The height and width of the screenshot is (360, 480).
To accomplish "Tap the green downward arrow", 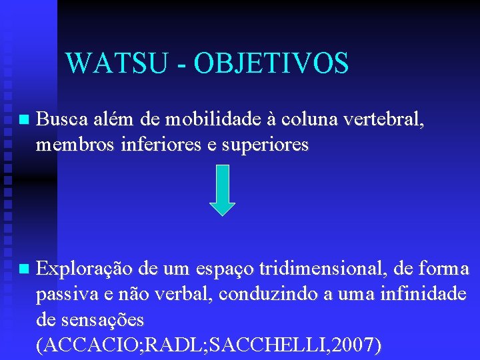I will click(223, 189).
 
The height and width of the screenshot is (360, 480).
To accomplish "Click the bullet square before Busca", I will click(24, 121).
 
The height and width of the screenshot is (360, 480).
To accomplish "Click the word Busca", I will click(59, 120).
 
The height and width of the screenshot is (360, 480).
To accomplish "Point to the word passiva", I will click(62, 295).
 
